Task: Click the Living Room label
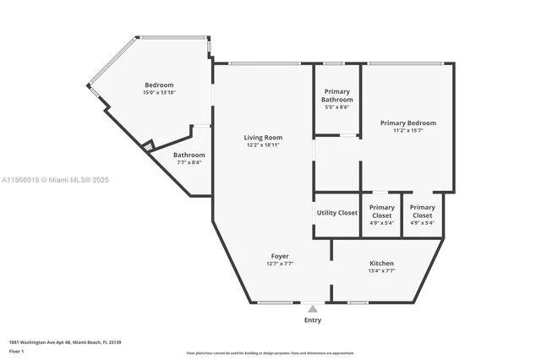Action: pos(263,137)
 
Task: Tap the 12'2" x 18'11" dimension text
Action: pos(263,145)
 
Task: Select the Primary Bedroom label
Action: pos(407,123)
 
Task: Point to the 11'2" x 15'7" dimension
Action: pos(407,130)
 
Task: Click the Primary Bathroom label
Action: pos(337,95)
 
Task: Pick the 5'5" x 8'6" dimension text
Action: pos(337,107)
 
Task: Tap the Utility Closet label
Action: pos(337,212)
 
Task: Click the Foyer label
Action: pos(280,255)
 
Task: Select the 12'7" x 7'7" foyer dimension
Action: pos(280,263)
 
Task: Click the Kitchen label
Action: pos(381,263)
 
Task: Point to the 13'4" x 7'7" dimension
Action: pos(381,270)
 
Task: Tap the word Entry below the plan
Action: pos(313,320)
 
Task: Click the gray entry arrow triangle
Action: pos(313,309)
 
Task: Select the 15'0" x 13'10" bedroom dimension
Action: pos(159,92)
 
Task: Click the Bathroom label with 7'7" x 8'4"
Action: pos(189,155)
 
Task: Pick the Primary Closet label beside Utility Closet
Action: pos(381,211)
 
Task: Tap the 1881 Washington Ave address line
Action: pos(65,341)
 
